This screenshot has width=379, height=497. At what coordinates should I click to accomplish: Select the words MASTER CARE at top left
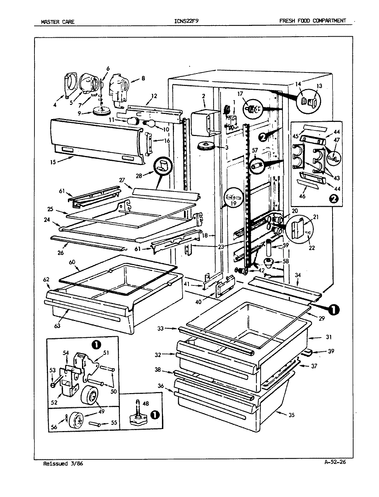click(x=58, y=21)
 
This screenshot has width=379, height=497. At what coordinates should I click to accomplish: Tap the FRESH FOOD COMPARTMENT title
click(x=313, y=21)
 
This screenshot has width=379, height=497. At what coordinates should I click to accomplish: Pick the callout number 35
click(x=291, y=415)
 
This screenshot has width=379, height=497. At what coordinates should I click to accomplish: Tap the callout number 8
click(x=143, y=78)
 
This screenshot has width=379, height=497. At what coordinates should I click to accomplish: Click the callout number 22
click(x=312, y=247)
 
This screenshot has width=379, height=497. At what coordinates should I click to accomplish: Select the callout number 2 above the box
click(x=204, y=95)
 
